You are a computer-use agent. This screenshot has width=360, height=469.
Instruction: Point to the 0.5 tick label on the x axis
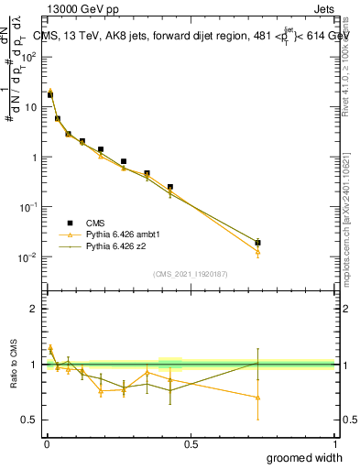[x=190, y=443]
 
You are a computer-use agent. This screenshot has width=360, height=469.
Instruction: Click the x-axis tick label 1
[x=334, y=443]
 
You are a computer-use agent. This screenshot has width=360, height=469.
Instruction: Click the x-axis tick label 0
[x=46, y=443]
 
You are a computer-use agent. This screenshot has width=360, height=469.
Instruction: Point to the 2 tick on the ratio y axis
[x=33, y=309]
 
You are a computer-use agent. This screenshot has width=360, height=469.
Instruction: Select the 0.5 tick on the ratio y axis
[x=30, y=420]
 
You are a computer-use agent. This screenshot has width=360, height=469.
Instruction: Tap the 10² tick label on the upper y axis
[x=27, y=57]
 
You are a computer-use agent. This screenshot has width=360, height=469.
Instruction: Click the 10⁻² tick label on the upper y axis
[x=27, y=257]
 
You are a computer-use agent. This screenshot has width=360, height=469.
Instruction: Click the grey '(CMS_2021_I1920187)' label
[x=190, y=273]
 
